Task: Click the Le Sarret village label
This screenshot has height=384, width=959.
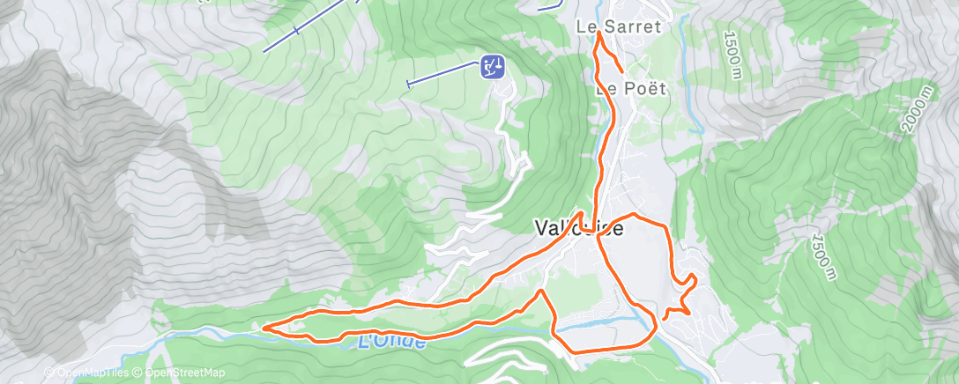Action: click(x=618, y=27)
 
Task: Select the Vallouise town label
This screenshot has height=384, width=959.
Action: click(x=578, y=228)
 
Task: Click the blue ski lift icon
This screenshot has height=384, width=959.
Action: click(x=492, y=65)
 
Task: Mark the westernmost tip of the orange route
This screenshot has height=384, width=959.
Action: click(x=264, y=328)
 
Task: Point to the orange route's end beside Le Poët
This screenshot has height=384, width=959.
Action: click(x=623, y=70)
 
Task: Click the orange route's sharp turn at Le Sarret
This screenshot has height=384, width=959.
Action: click(x=598, y=33)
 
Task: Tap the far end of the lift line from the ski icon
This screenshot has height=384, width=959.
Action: click(x=408, y=85)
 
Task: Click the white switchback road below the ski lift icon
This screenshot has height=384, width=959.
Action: click(x=516, y=167)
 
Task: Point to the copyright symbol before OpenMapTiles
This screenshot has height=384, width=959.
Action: click(x=49, y=373)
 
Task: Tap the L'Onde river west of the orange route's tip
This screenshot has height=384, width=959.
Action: click(x=212, y=332)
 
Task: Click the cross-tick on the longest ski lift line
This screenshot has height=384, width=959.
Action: click(x=296, y=32)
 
